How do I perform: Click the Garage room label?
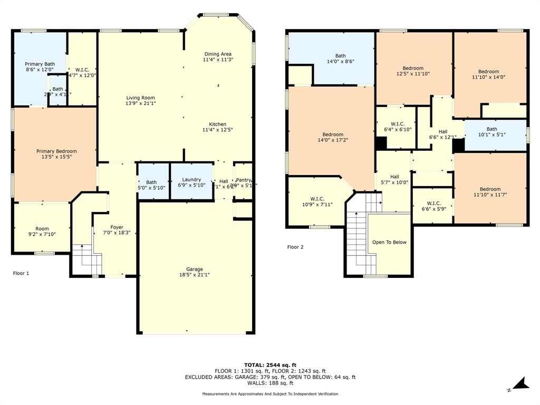coord(194,269)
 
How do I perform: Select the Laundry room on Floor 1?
coord(191,181)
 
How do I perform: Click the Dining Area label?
coord(218,54)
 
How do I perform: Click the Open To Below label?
coord(389,242)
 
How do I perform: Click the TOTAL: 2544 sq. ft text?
coord(270,365)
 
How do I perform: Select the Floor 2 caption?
coord(295,247)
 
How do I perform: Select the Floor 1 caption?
coord(21,273)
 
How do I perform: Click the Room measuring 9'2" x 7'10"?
coord(42,232)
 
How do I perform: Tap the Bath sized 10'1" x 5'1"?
coord(491,131)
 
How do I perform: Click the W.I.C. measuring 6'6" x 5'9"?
coord(433,206)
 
